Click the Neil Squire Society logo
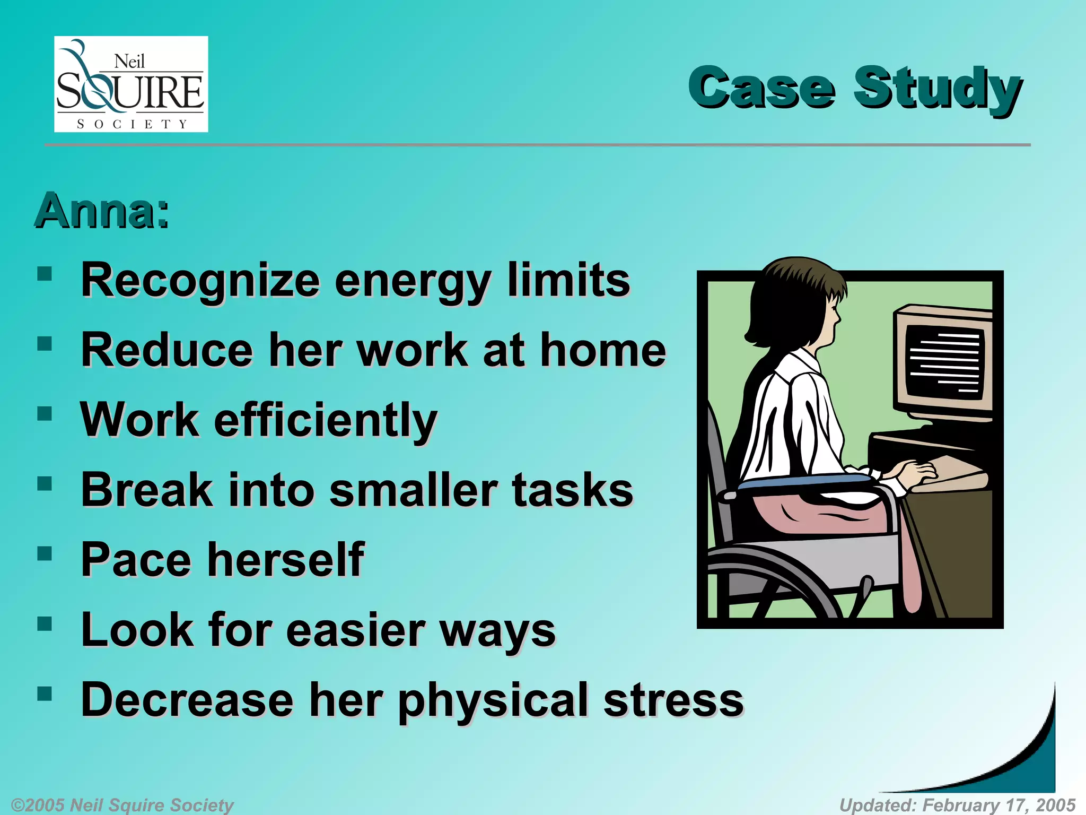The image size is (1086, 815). point(131,84)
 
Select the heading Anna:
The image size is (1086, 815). point(102,211)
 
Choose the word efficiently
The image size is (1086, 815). point(326,420)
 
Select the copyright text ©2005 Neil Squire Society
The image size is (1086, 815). point(122,805)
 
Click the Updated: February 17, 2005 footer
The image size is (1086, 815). point(957,805)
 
